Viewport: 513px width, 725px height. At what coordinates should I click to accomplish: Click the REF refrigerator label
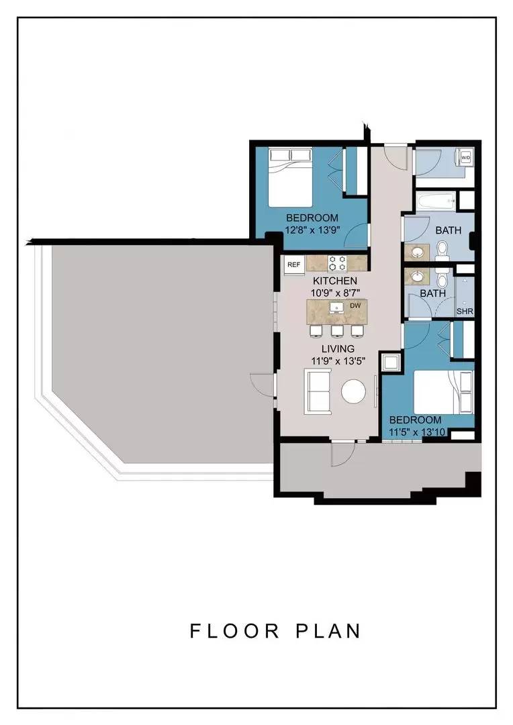coord(293,265)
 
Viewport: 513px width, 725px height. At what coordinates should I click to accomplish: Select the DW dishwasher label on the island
coord(355,305)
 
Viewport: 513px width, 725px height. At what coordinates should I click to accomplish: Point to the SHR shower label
coord(465,311)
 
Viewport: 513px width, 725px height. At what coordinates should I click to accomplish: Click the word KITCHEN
coord(335,281)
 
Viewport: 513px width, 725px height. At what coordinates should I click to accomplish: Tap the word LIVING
coord(338,348)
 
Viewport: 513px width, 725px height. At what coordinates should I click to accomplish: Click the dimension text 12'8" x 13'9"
coord(312,230)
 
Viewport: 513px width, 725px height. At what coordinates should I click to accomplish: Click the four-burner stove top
coord(337,264)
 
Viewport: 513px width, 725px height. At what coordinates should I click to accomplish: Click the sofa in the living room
coord(318,391)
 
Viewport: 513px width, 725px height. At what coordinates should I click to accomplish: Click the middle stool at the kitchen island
coord(337,330)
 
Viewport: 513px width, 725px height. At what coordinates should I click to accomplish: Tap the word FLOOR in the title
coord(235,631)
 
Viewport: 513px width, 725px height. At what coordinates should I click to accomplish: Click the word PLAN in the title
coord(328,631)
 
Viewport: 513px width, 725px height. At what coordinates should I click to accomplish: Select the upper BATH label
coord(449,230)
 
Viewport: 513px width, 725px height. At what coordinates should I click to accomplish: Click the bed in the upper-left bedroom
coord(291,177)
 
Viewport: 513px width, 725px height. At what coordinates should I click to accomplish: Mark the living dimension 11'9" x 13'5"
coord(338,360)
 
